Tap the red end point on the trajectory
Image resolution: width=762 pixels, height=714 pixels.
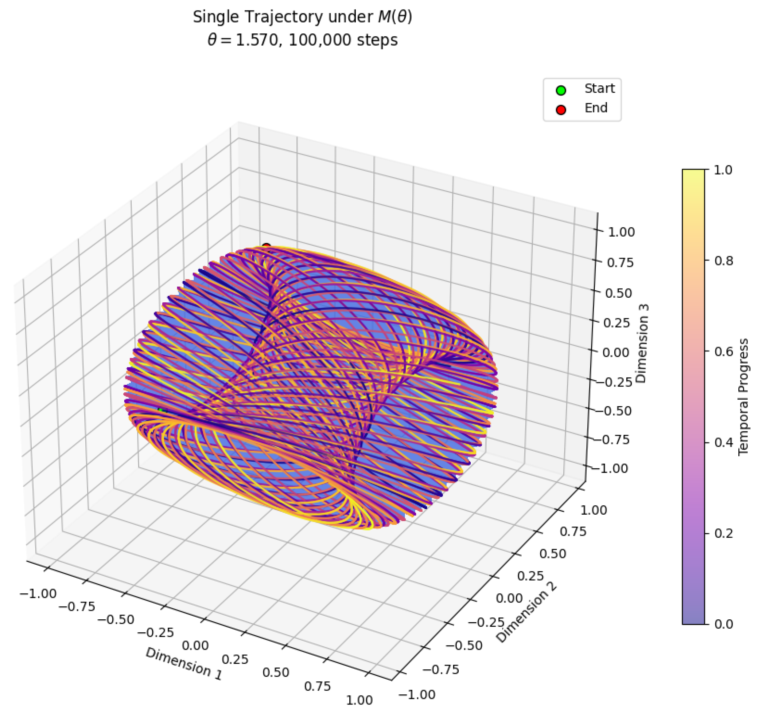coord(266,246)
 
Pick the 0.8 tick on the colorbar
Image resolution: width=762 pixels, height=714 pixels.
coord(724,261)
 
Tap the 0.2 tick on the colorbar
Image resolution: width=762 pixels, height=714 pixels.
coord(724,533)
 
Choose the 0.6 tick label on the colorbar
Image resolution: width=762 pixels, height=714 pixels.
coord(724,352)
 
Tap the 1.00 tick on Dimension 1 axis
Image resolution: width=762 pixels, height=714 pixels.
coord(359,700)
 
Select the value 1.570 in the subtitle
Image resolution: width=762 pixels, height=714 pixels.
coord(256,40)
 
